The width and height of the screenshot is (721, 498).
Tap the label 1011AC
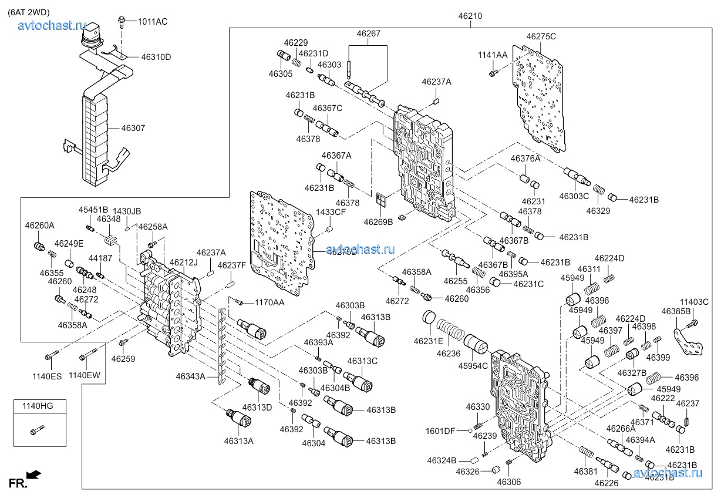coord(153,22)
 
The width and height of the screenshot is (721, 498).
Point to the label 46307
coord(133,127)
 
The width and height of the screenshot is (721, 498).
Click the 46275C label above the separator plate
coord(541,36)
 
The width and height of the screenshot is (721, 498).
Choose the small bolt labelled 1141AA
coord(493,73)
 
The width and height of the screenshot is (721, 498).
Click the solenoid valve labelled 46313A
coord(239,419)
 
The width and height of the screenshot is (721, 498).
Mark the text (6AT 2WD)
coord(29,10)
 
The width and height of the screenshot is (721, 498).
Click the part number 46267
coord(368,33)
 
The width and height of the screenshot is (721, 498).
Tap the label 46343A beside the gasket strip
coord(190,376)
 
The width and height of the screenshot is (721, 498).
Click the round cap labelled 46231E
coord(429,318)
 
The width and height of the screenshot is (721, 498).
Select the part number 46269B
coord(378,222)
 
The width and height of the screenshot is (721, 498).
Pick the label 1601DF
coord(441,431)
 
